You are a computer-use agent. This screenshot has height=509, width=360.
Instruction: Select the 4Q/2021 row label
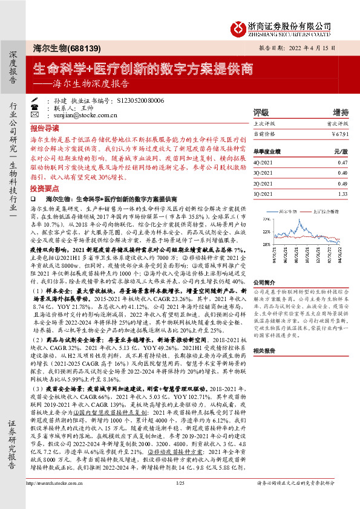click(x=263, y=163)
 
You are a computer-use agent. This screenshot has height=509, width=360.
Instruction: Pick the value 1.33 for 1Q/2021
click(x=342, y=194)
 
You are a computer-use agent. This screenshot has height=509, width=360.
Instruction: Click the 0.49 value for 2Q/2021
click(x=342, y=184)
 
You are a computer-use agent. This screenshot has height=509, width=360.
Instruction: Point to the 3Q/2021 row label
click(x=263, y=173)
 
